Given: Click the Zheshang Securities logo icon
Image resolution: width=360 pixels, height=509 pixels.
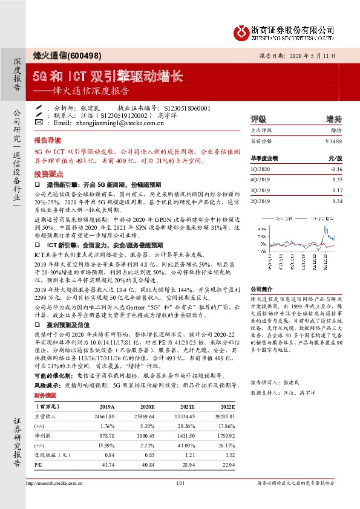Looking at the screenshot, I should pos(240,30).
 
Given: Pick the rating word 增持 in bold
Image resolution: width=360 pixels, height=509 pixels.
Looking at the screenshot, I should pos(333,119).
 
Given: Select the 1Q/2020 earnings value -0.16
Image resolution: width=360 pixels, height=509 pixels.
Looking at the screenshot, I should pos(336,169).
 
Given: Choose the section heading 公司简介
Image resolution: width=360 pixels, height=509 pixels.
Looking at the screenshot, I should pos(262,272).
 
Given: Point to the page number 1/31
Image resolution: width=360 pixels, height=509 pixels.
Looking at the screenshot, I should pos(179,484).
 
